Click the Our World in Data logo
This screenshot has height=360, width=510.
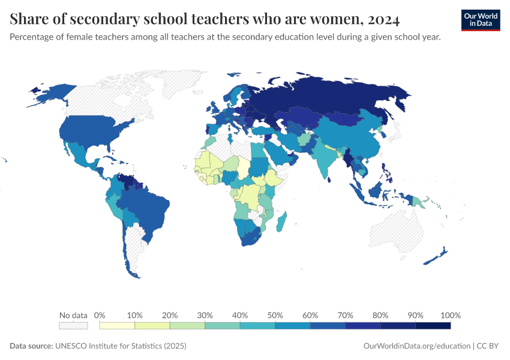coord(480,20)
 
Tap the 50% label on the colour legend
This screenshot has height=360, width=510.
coord(275,315)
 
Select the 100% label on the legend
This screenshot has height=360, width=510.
coord(450,315)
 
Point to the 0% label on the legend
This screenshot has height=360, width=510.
coord(100,315)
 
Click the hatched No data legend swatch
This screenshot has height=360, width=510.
coord(73,325)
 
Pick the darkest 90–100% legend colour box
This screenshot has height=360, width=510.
coord(433,325)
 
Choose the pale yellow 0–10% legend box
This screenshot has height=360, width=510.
coord(117,325)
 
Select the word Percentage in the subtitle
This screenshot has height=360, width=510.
coord(32,37)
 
